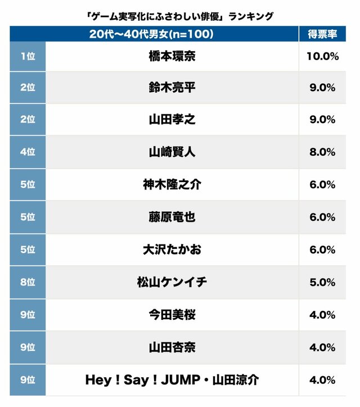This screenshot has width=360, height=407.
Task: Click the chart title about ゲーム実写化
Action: (x=179, y=16)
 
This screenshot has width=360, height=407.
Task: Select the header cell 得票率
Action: (x=322, y=34)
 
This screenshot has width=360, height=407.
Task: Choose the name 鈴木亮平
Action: (x=172, y=88)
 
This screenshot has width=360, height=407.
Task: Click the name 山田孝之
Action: (x=172, y=120)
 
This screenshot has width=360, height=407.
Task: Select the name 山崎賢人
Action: (x=172, y=152)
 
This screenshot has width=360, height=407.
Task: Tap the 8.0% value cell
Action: (x=322, y=152)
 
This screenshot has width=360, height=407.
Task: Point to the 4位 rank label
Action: (x=27, y=152)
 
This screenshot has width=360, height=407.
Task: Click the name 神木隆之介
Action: (x=172, y=184)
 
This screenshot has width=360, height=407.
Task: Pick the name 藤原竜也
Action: (x=172, y=217)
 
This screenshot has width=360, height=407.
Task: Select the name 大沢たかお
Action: (x=172, y=249)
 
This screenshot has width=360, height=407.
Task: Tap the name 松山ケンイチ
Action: (x=172, y=282)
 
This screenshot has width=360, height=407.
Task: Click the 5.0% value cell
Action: (x=322, y=282)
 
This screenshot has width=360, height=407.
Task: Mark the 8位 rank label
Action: (x=27, y=282)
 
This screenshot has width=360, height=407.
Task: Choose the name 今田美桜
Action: (x=172, y=314)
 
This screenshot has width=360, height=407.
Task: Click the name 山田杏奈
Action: (x=172, y=347)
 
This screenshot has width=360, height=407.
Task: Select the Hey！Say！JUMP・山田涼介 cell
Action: (x=172, y=379)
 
